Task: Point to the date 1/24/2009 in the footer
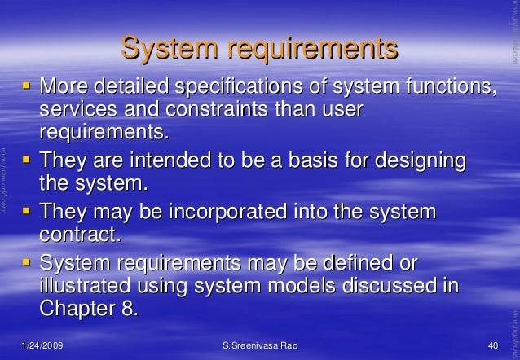coord(41,347)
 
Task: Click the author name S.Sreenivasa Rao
coord(260,347)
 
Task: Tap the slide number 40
coord(491,347)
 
